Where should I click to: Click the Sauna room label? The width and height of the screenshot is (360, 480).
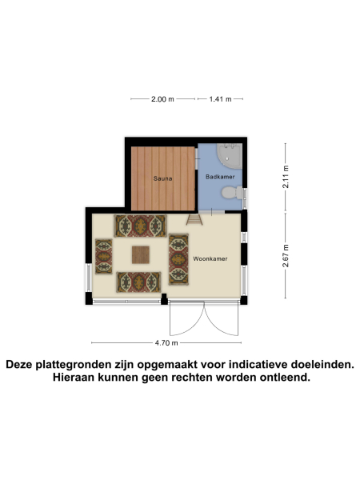coord(163,178)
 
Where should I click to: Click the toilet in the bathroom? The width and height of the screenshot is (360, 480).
coord(230,192)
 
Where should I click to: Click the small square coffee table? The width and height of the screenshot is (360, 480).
coord(141,254)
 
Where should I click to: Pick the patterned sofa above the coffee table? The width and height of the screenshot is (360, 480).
coord(141,226)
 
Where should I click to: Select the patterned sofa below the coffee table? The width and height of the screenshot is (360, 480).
coord(140,282)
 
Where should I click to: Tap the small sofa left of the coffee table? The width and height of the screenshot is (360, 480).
coord(103,256)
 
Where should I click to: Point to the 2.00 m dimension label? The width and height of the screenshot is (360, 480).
coord(162,99)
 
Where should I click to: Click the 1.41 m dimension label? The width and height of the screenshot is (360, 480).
coord(220,99)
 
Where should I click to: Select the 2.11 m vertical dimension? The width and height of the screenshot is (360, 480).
coord(286,176)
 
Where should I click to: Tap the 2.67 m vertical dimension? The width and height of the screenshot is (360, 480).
coord(286,258)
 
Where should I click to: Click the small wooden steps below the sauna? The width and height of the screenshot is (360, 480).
coord(194,218)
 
